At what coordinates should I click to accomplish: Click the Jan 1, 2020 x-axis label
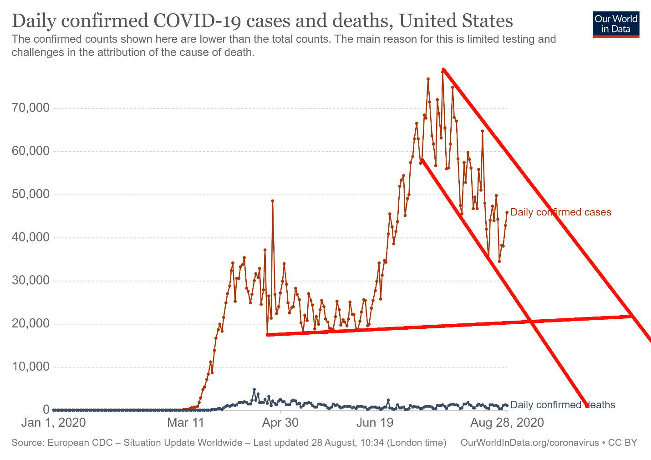(x=53, y=423)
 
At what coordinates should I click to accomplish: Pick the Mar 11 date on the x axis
(x=185, y=423)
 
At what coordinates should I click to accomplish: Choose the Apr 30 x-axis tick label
(x=280, y=423)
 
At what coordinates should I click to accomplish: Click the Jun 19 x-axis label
(x=375, y=423)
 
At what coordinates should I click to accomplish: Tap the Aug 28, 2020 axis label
(x=507, y=423)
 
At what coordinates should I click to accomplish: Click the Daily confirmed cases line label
(x=560, y=212)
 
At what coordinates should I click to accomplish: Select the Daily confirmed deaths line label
(x=563, y=405)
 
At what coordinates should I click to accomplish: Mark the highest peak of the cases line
(x=442, y=70)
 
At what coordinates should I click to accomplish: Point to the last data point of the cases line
(x=507, y=212)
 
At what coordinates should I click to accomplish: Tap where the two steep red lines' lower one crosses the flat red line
(x=531, y=322)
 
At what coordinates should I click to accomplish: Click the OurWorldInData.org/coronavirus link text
(x=529, y=443)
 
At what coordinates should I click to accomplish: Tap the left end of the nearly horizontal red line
(x=268, y=335)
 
